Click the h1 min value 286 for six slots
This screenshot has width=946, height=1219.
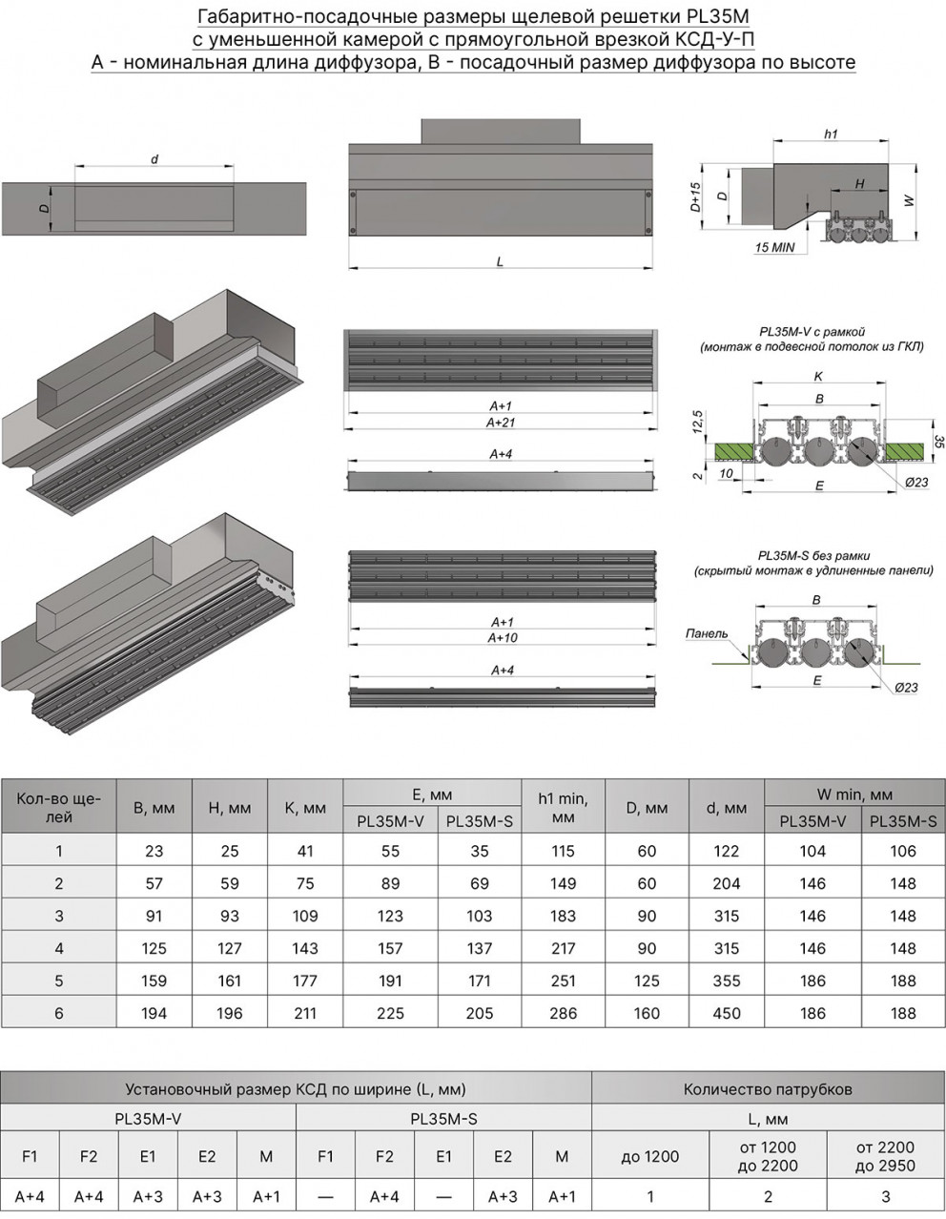click(x=563, y=1013)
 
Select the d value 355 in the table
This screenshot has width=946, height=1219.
click(x=727, y=981)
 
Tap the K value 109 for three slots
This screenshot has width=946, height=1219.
click(x=305, y=916)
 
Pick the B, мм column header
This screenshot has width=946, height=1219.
click(x=154, y=808)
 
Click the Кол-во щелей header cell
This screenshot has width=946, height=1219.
click(x=58, y=808)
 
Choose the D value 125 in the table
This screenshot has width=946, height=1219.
click(x=647, y=981)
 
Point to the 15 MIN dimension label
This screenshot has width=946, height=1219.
click(x=774, y=247)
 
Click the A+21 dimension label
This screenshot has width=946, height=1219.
click(x=501, y=422)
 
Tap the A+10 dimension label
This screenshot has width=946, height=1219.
click(x=502, y=637)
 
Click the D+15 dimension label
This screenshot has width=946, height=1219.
click(x=695, y=196)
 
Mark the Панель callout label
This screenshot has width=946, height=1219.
click(x=706, y=633)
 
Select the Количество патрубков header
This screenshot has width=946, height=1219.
click(x=768, y=1088)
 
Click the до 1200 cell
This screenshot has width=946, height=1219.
click(x=649, y=1156)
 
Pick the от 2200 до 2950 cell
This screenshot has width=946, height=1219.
click(x=885, y=1156)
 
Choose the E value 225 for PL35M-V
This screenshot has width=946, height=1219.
click(x=390, y=1013)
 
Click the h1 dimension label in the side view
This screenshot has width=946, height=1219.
click(x=830, y=134)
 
